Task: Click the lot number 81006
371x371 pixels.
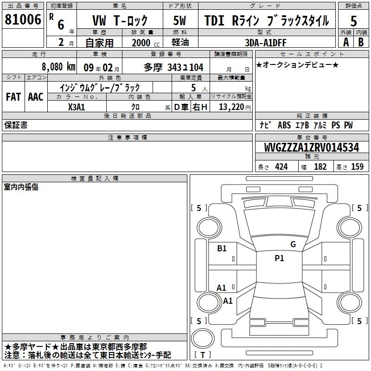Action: (x=23, y=19)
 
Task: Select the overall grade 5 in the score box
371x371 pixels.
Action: (x=353, y=21)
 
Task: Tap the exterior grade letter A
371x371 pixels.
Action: (x=346, y=42)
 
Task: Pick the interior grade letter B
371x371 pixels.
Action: (x=361, y=42)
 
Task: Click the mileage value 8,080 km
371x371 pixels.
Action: (x=58, y=67)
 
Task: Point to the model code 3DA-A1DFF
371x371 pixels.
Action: (x=266, y=43)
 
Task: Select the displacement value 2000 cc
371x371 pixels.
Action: (x=146, y=43)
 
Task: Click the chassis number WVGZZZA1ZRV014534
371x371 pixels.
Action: (x=312, y=147)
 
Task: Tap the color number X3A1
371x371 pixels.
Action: (x=77, y=107)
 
